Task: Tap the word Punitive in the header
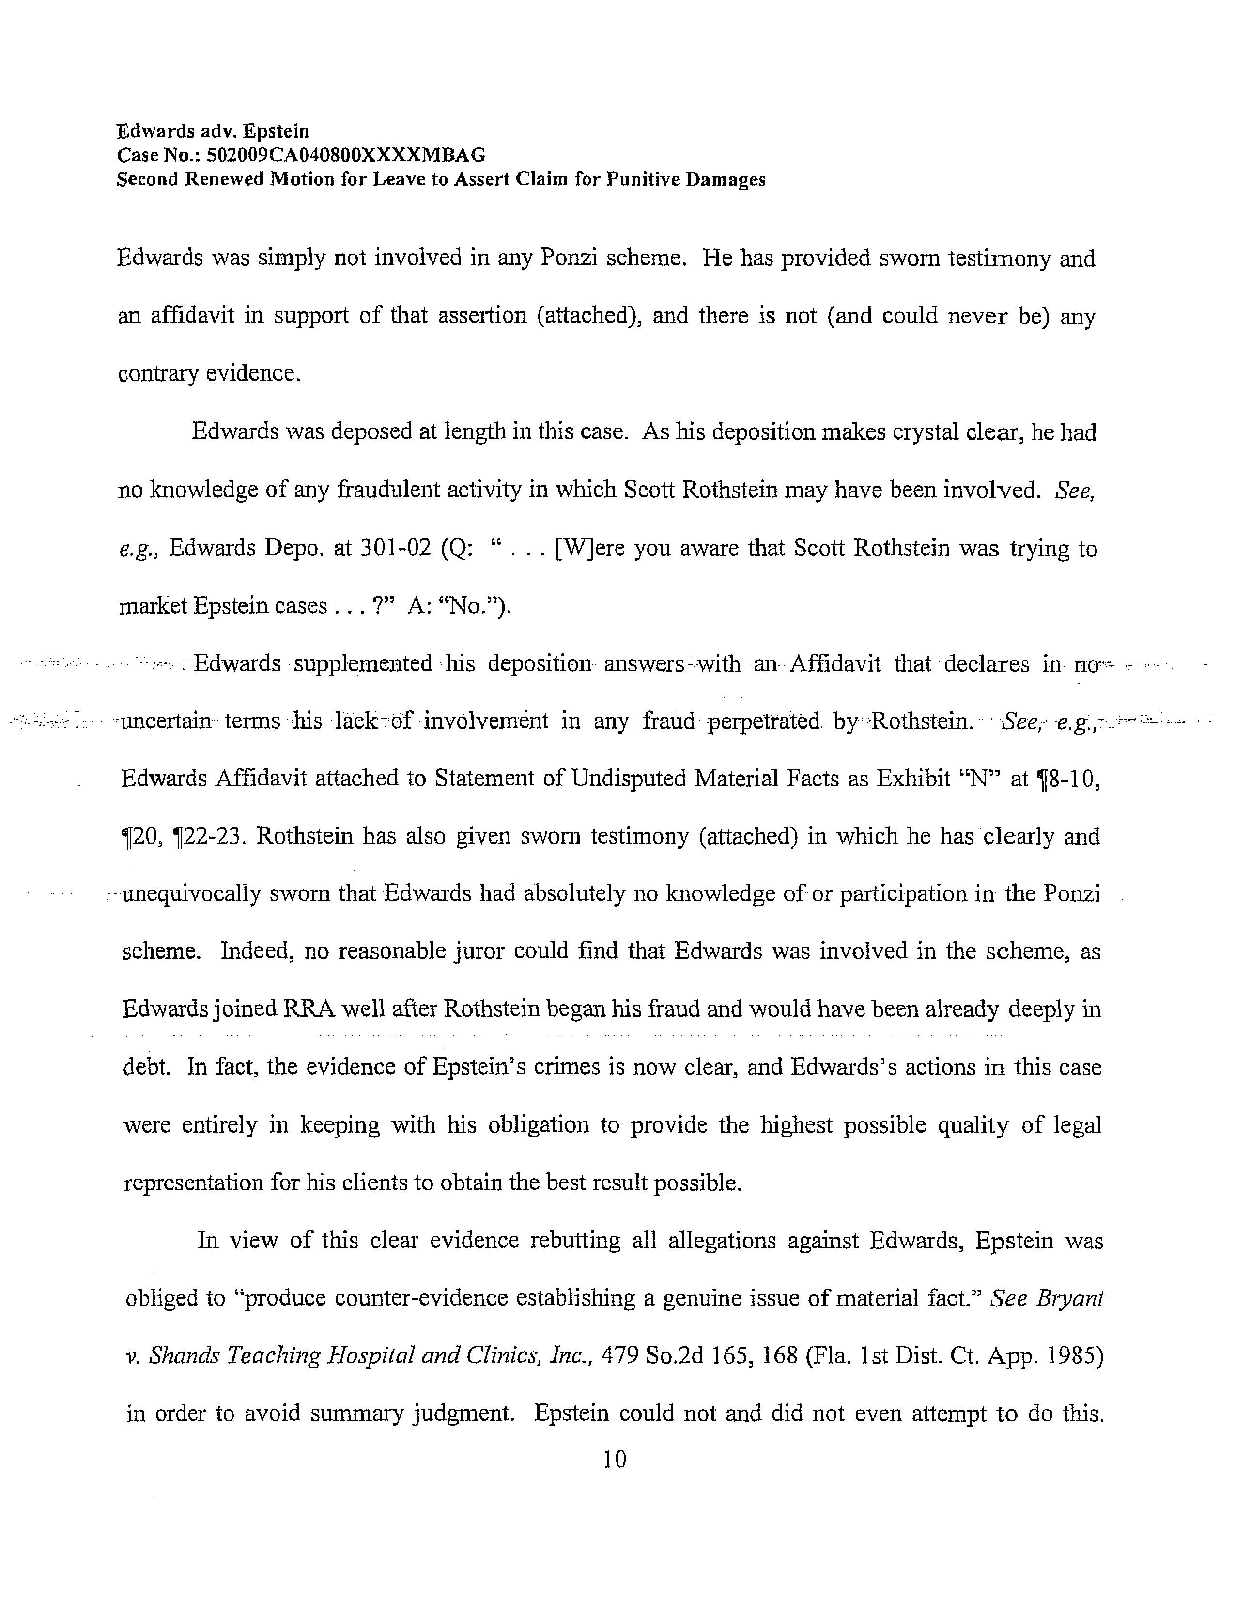click(645, 180)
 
